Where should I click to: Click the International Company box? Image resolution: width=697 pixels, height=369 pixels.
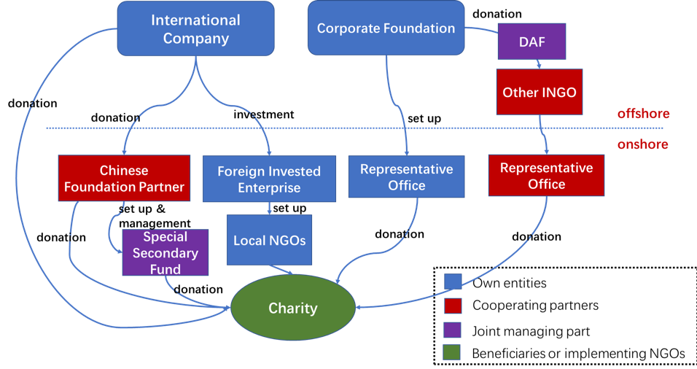[x=195, y=28]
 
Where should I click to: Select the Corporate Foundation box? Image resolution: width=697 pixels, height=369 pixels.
[x=386, y=28]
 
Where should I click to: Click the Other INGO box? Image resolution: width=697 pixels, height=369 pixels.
[x=540, y=92]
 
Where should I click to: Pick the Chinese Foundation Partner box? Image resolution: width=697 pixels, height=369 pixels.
[x=124, y=178]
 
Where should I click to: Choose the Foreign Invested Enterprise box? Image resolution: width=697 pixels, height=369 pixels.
[x=269, y=179]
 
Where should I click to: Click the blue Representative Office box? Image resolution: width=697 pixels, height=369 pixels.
[x=406, y=176]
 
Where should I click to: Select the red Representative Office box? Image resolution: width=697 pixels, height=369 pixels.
[x=546, y=175]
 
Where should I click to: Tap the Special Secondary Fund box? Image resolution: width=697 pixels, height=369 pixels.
[x=166, y=252]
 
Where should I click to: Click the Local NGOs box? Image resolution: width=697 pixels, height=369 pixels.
[x=269, y=240]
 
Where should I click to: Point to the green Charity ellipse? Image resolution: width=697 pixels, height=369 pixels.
[x=292, y=308]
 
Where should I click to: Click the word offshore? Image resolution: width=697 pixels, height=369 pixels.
[x=643, y=114]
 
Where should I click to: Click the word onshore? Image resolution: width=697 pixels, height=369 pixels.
[x=642, y=144]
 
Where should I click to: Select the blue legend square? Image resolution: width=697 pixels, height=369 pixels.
[x=453, y=281]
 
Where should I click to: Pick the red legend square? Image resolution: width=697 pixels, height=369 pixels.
[x=453, y=306]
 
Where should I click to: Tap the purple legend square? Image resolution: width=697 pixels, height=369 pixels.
[x=453, y=330]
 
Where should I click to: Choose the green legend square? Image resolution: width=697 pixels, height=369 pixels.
[x=453, y=353]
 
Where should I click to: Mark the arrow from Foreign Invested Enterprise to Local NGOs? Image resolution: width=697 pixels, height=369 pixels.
[x=270, y=207]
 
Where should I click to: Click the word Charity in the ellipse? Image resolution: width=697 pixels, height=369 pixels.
[x=292, y=308]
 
